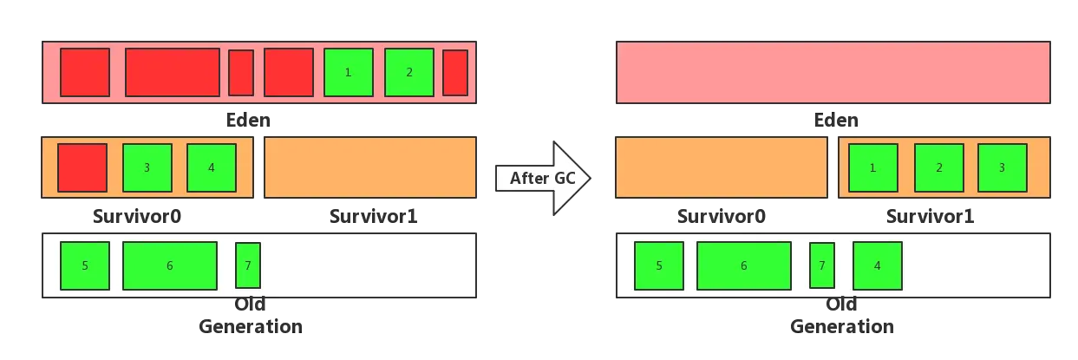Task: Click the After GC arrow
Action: (x=543, y=178)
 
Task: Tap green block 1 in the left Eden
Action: (x=349, y=72)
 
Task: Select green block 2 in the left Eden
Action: (x=409, y=72)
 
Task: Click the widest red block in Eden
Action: (x=173, y=72)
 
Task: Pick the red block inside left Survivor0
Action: (x=82, y=167)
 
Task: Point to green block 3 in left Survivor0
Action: (x=147, y=167)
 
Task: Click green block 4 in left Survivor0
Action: (x=212, y=167)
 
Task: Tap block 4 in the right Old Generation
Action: (x=878, y=265)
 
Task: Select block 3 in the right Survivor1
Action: (x=1003, y=167)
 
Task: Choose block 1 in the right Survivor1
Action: (x=873, y=167)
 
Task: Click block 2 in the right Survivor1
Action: (x=939, y=167)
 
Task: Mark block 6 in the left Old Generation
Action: (x=170, y=265)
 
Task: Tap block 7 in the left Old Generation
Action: (x=248, y=265)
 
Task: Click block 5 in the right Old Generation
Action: (x=659, y=265)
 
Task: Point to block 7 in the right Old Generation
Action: (x=822, y=265)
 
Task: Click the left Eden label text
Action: (x=248, y=120)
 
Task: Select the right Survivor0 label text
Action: (x=721, y=216)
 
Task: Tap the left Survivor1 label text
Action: (x=374, y=216)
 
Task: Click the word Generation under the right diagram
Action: (x=842, y=326)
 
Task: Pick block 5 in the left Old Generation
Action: (x=85, y=265)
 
